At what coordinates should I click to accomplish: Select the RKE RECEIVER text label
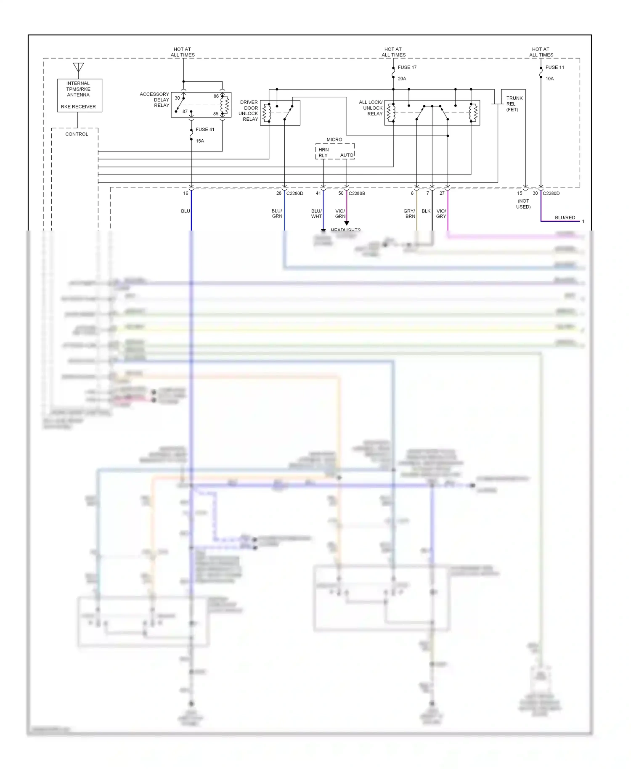(78, 106)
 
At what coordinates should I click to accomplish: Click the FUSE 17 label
(407, 67)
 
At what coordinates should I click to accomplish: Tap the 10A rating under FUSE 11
(549, 79)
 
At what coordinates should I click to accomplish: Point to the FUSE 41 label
(205, 130)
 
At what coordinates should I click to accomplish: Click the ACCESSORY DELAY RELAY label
(155, 100)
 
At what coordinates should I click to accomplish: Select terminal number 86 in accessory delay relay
(216, 96)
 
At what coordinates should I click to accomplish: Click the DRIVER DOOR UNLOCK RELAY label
(249, 111)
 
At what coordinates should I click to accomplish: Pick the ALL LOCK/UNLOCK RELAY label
(371, 108)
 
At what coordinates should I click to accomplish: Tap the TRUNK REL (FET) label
(514, 104)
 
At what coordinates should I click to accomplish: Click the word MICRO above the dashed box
(334, 140)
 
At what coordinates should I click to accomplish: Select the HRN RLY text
(323, 153)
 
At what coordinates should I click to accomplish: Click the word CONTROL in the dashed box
(77, 134)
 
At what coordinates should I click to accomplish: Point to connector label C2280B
(357, 194)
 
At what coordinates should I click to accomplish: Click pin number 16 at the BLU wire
(186, 194)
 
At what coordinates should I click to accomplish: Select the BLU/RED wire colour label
(565, 217)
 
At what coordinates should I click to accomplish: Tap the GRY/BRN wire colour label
(409, 214)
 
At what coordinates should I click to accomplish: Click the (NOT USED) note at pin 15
(523, 204)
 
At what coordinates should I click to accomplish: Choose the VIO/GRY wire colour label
(441, 214)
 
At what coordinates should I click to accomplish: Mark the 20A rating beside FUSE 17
(402, 79)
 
